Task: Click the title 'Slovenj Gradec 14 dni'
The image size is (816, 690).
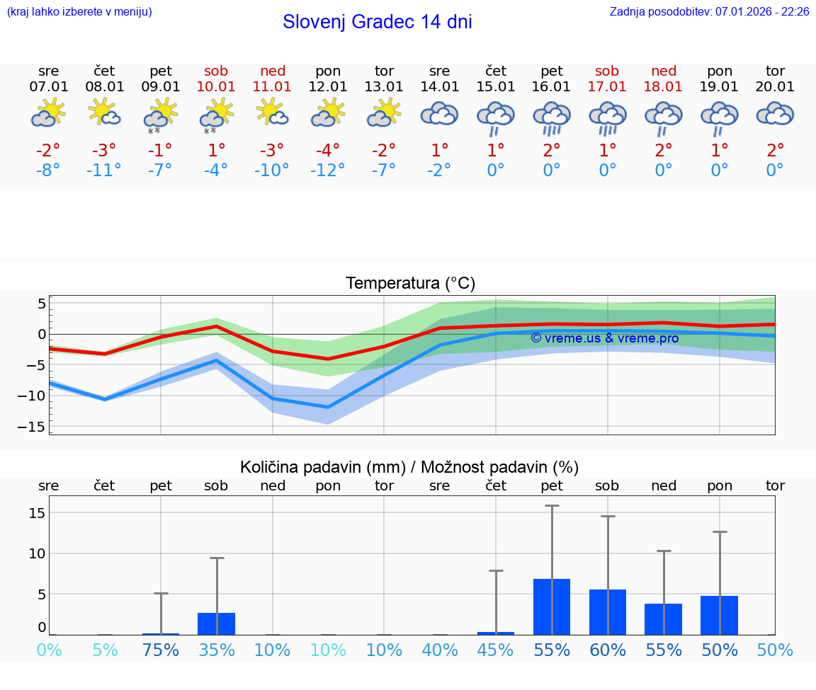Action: (377, 22)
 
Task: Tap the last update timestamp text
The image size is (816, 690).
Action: (709, 11)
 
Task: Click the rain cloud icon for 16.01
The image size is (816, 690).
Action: (552, 116)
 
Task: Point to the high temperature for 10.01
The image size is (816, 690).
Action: (216, 150)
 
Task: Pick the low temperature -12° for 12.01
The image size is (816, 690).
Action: (328, 171)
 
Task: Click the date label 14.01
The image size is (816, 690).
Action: (440, 87)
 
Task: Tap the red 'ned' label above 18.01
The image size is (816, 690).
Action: (663, 71)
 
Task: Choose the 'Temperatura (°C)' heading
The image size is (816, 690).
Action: (410, 284)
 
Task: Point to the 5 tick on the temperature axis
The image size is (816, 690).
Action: (42, 304)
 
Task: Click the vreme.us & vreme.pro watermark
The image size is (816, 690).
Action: (604, 338)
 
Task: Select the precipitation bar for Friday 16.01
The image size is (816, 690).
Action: (552, 606)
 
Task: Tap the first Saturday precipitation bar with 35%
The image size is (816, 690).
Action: (217, 623)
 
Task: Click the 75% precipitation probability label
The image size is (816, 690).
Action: (161, 650)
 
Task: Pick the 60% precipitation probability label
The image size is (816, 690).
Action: (608, 650)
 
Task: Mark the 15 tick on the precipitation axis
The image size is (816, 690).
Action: (38, 512)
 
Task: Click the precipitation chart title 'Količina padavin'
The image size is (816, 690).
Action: (409, 467)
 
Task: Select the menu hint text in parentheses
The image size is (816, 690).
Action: (79, 11)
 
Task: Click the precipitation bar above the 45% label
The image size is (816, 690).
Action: (496, 633)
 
